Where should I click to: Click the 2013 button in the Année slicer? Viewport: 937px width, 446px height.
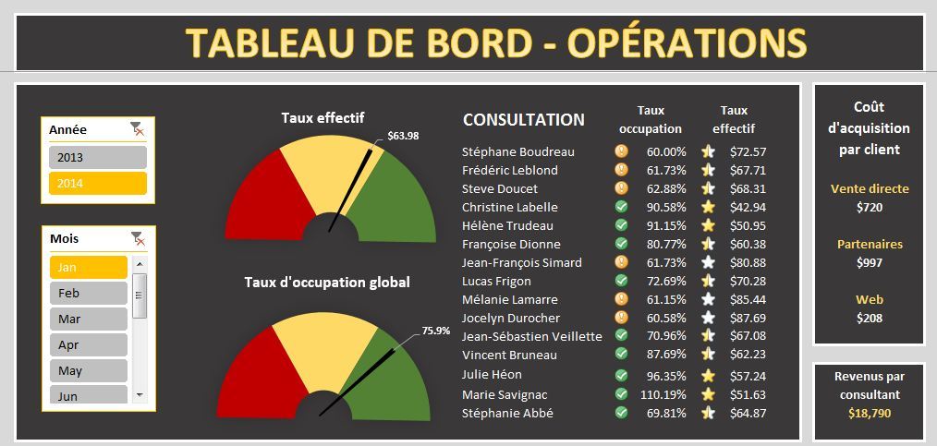97,158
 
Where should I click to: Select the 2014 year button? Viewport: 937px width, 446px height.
97,183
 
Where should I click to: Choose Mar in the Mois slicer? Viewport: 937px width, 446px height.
88,319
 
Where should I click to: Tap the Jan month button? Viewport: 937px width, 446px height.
88,267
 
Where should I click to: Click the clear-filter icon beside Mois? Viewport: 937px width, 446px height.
138,238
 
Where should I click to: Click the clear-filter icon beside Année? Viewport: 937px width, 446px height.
138,129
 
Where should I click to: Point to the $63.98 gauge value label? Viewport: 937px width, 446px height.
403,136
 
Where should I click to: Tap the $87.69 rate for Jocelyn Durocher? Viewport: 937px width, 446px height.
747,318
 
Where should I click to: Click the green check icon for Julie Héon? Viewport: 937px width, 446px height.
621,375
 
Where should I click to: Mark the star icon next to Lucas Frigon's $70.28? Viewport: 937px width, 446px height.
708,281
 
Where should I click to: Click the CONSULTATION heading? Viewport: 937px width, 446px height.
523,120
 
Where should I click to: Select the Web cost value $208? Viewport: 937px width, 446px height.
869,318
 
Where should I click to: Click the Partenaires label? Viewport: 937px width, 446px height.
869,245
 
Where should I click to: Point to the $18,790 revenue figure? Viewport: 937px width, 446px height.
869,413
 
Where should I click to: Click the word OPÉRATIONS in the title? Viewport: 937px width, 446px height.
686,42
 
